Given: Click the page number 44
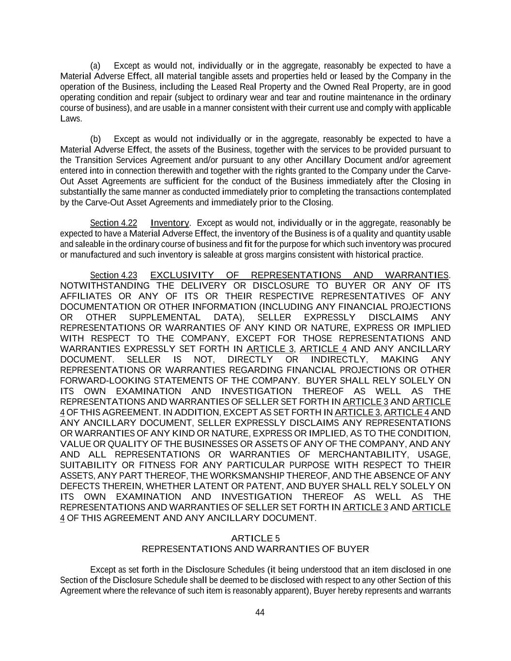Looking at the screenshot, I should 260,612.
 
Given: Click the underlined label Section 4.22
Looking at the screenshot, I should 113,223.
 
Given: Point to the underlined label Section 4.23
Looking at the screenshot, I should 113,276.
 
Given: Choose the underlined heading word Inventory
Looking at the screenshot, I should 170,223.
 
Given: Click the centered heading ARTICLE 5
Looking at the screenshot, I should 255,538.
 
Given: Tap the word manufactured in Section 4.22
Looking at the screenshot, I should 93,255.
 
